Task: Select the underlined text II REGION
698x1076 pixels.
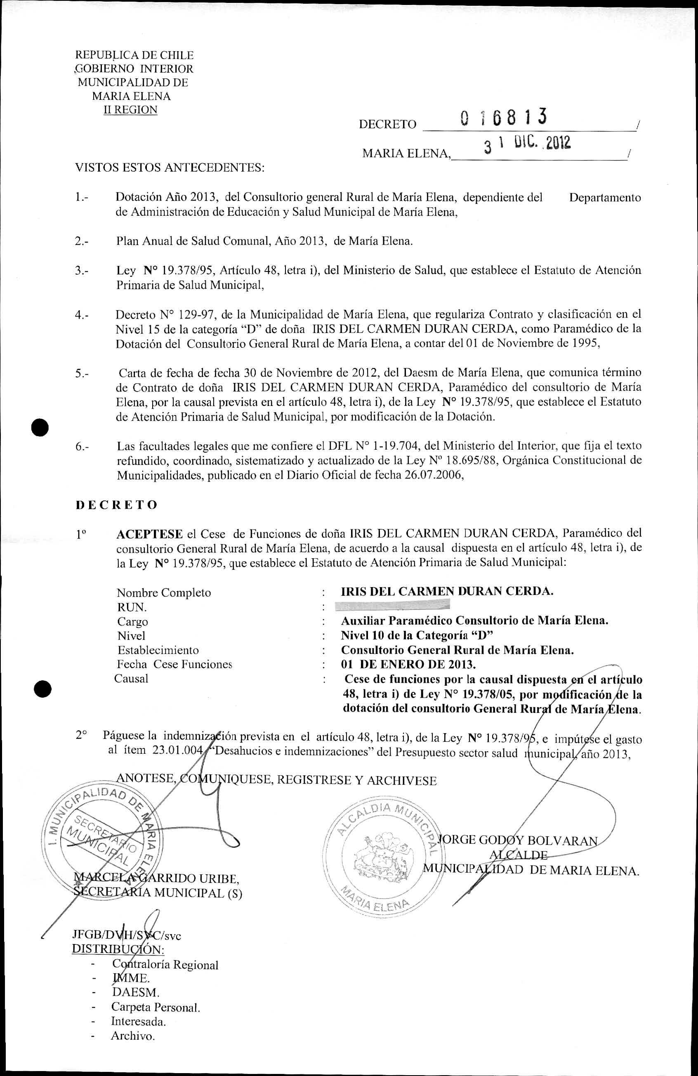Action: point(130,110)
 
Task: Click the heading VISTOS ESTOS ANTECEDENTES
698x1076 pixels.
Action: point(170,168)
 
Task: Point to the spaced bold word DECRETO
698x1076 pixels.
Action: point(116,505)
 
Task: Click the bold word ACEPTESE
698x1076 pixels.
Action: point(149,534)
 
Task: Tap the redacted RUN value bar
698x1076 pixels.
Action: point(396,605)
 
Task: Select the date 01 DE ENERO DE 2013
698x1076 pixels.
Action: point(408,665)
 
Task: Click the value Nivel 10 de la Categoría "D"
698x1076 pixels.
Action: point(417,636)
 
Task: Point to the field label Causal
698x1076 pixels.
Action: point(131,679)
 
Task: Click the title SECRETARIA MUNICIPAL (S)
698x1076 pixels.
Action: point(158,893)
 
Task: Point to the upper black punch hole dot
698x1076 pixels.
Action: point(40,428)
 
